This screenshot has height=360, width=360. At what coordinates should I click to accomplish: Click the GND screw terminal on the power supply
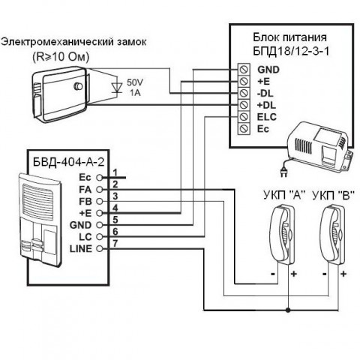[244, 69]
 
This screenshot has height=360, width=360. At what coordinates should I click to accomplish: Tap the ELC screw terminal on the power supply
[244, 117]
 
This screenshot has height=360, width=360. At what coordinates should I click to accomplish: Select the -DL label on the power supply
[265, 94]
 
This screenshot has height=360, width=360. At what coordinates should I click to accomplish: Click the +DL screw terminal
[244, 105]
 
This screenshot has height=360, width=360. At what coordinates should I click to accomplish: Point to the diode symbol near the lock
[116, 88]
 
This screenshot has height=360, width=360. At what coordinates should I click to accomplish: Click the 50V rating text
[135, 82]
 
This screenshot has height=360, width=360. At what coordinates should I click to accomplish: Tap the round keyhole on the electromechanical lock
[78, 86]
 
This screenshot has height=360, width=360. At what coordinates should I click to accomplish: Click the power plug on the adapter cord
[284, 172]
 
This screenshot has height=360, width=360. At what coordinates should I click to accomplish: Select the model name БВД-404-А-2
[68, 163]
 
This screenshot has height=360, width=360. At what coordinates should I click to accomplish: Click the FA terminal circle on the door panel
[100, 190]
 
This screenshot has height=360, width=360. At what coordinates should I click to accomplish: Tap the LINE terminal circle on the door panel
[100, 249]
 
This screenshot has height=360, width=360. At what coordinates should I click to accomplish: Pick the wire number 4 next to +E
[115, 208]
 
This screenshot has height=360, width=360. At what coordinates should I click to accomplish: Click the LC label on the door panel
[85, 237]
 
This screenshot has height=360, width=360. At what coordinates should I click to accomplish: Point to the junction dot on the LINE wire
[288, 310]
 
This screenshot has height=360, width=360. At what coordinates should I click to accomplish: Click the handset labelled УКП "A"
[283, 234]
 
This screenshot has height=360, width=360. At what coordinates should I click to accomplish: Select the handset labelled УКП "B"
[333, 234]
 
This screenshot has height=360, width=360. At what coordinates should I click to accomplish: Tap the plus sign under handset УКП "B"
[343, 274]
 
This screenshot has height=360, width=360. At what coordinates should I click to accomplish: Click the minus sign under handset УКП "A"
[273, 274]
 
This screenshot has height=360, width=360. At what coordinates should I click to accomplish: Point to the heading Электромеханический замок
[73, 42]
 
